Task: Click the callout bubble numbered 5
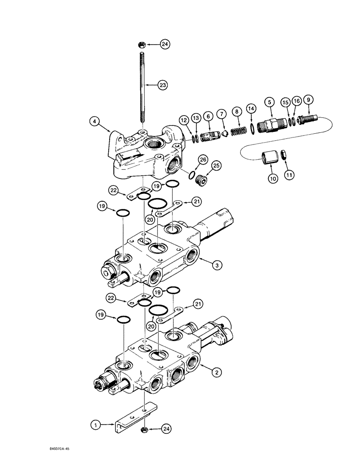click(x=269, y=102)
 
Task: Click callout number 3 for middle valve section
click(x=216, y=265)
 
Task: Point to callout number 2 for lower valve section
click(x=215, y=372)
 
